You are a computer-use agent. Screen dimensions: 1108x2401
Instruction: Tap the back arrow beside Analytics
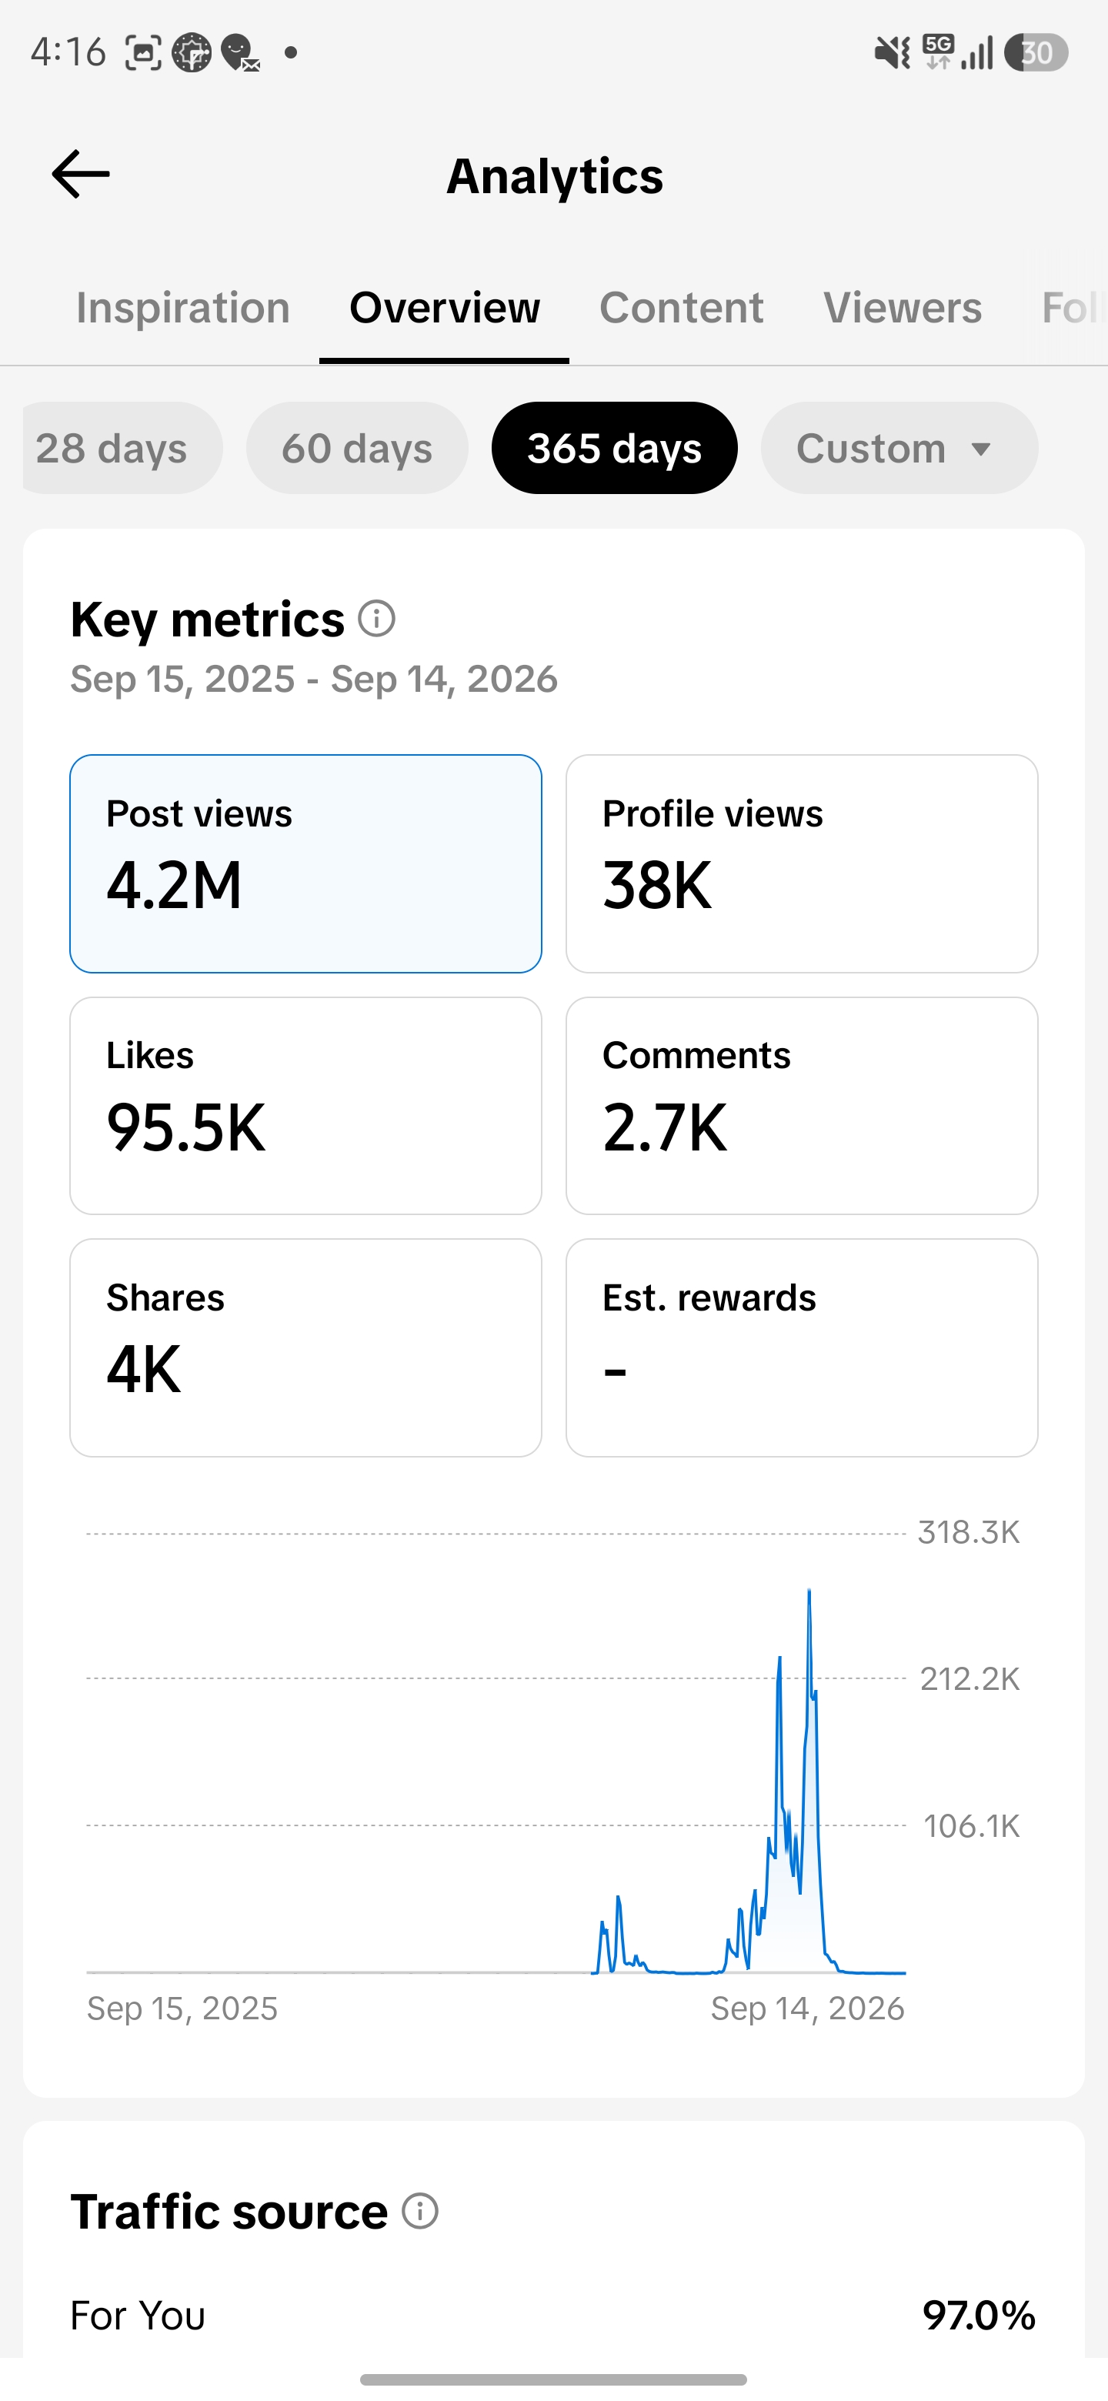81,174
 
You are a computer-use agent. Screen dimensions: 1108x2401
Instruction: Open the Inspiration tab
182,308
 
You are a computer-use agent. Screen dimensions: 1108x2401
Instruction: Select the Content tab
681,308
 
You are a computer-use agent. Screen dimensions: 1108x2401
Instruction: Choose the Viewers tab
902,308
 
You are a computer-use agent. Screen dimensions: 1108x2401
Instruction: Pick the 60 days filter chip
357,449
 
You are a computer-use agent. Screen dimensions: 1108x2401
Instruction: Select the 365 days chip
614,449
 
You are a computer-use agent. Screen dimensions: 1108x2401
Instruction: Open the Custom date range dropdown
899,449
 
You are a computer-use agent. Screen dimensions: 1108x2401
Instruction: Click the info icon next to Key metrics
377,618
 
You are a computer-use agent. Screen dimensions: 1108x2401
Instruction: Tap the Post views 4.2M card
305,864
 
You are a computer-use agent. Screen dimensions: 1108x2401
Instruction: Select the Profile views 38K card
802,864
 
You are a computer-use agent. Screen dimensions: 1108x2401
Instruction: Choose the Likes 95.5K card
305,1105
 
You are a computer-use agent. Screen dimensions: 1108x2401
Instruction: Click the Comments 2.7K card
802,1105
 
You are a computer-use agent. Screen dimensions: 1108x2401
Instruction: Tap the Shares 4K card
305,1347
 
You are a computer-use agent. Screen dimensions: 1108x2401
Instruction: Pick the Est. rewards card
802,1347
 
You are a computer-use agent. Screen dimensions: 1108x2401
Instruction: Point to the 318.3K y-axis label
969,1532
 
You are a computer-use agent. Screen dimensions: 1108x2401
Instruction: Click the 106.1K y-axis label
972,1826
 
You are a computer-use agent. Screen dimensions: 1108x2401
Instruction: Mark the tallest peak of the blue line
809,1590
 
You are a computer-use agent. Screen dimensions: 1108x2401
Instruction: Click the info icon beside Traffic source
420,2211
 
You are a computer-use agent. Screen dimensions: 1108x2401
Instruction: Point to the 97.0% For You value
980,2316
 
